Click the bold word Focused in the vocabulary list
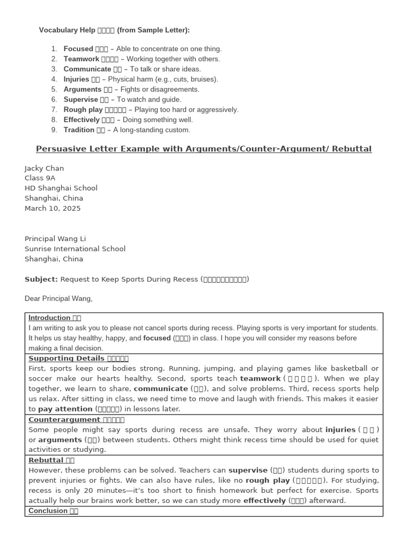coord(78,49)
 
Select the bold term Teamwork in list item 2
coord(81,59)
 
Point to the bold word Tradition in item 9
coord(79,130)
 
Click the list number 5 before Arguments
coord(54,89)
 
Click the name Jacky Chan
coord(44,168)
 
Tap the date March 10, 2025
coord(53,209)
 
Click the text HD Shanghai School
coord(61,188)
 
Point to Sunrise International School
coord(75,249)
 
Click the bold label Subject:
coord(41,279)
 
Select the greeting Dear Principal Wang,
coord(58,299)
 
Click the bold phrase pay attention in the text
coord(65,409)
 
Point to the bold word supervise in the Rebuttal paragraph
coord(248,470)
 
